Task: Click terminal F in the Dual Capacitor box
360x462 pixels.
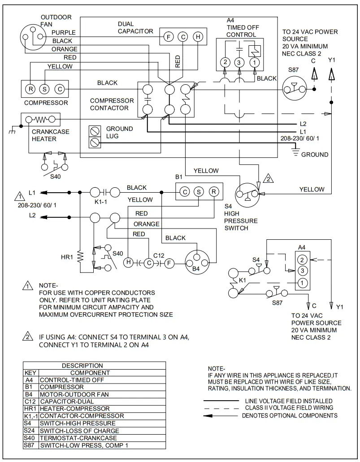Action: (168, 37)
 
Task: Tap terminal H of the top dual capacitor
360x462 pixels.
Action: (197, 37)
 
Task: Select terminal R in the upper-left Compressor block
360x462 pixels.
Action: (30, 89)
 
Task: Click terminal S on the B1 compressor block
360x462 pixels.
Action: (199, 192)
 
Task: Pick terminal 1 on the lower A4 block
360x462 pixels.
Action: (303, 282)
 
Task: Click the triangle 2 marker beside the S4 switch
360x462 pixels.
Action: (268, 178)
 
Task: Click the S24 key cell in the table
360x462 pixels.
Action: (31, 431)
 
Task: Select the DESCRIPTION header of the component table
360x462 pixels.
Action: (82, 365)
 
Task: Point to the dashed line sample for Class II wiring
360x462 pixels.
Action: (222, 408)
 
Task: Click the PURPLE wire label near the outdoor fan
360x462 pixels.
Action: (63, 33)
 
